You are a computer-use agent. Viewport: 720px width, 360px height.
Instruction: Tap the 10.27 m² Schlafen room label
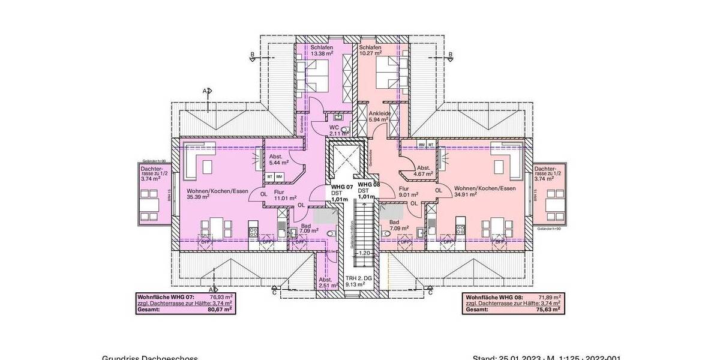coord(371,50)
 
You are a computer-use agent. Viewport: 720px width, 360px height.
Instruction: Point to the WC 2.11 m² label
coord(335,130)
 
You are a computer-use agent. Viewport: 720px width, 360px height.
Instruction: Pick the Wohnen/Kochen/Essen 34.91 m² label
coord(484,191)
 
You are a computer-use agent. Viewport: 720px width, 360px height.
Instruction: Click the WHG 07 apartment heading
coord(341,187)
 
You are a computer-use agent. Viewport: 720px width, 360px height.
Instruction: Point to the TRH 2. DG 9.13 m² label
coord(359,281)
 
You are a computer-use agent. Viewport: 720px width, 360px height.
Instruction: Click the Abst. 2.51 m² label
coord(326,283)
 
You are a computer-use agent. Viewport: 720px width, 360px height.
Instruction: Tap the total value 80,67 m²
coord(220,310)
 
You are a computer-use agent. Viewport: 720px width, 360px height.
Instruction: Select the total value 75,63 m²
coord(549,310)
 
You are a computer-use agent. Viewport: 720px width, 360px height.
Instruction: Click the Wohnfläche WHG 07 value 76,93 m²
coord(221,297)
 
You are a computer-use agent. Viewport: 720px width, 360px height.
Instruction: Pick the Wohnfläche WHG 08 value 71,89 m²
coord(549,297)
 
